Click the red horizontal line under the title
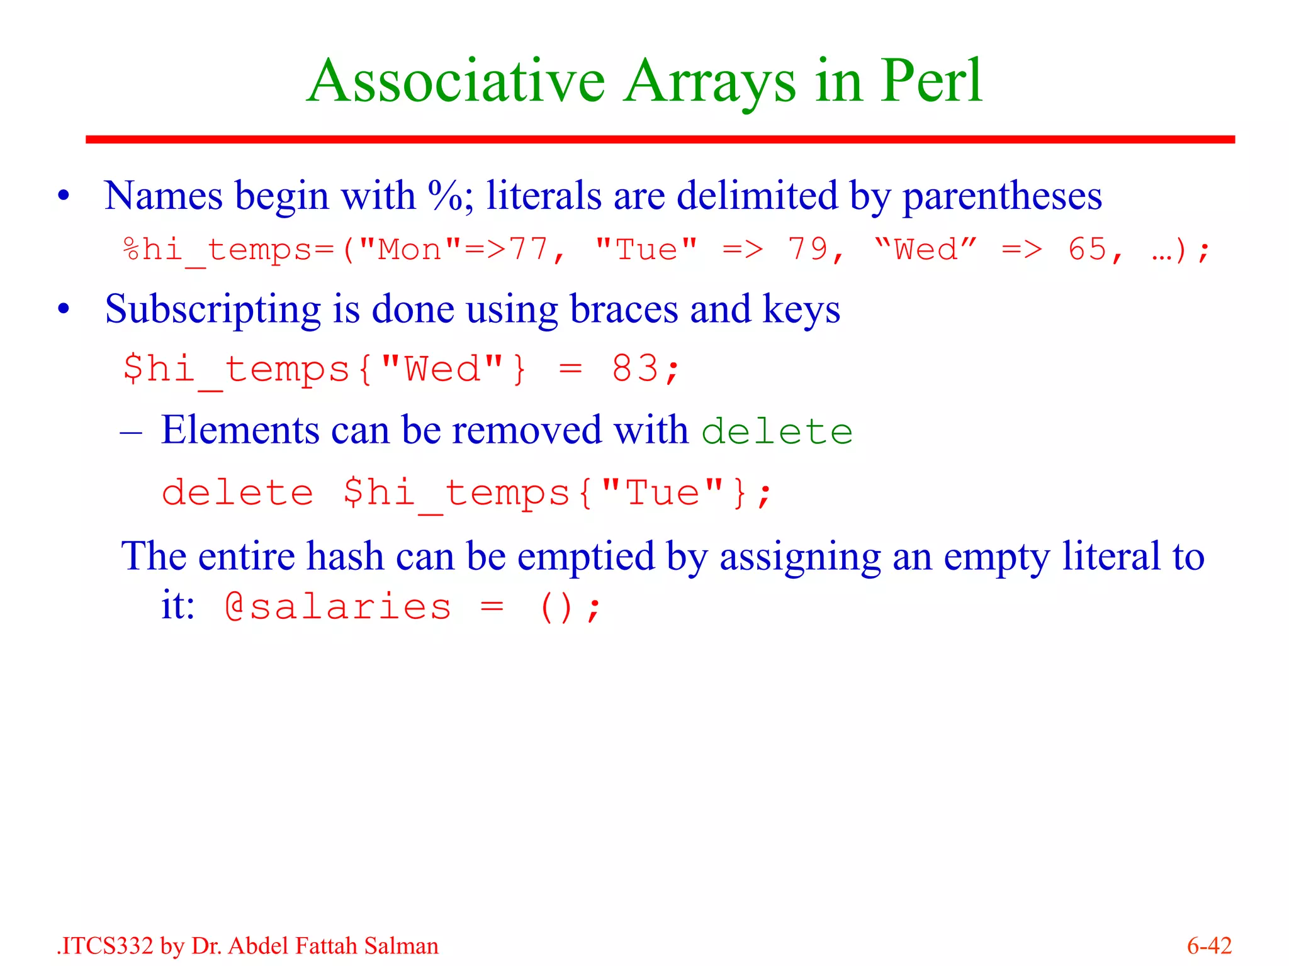point(660,139)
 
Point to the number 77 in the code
point(529,250)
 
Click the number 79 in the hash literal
point(808,250)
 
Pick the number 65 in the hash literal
point(1087,250)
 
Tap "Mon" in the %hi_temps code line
point(410,250)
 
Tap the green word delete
point(777,432)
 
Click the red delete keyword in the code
point(237,492)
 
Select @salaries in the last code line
point(338,608)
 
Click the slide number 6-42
point(1208,946)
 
